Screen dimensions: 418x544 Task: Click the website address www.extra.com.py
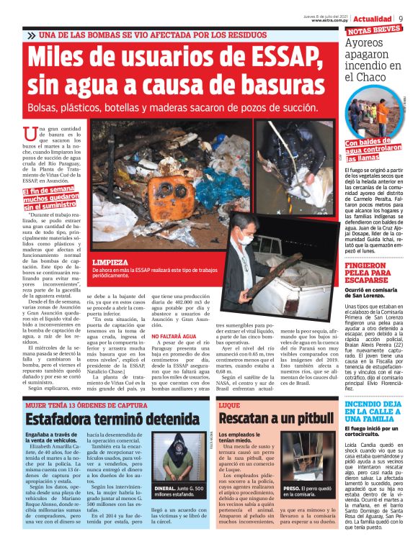click(330, 20)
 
